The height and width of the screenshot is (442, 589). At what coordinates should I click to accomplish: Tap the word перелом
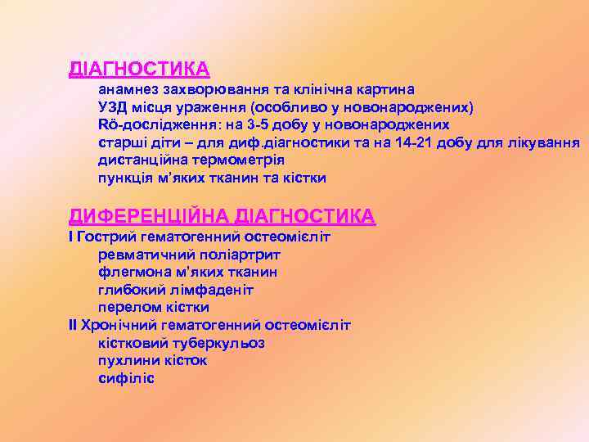point(127,308)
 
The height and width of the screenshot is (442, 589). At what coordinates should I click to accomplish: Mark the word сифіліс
point(126,378)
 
